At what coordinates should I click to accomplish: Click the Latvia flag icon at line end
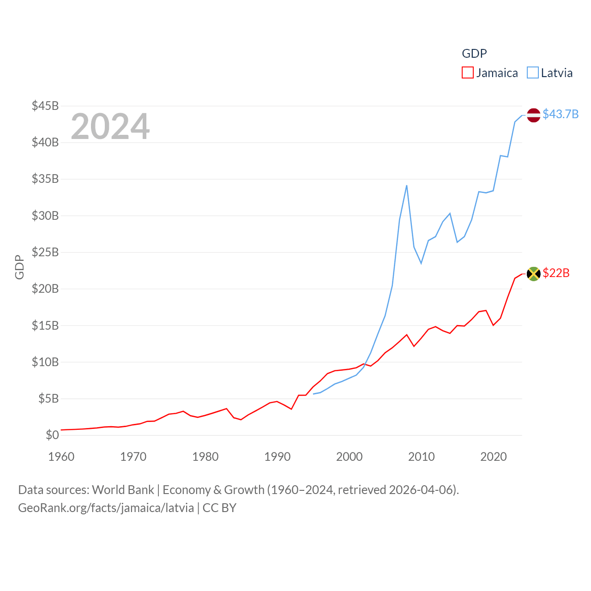(x=533, y=115)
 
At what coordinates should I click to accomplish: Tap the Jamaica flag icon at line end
(x=533, y=274)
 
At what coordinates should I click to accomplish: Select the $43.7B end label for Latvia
(x=561, y=114)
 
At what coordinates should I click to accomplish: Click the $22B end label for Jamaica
(x=556, y=273)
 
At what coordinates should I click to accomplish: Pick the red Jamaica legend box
(x=468, y=73)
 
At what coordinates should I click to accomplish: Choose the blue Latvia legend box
(x=533, y=73)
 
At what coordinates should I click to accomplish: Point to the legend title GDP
(x=474, y=54)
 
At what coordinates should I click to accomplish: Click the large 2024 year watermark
(x=110, y=127)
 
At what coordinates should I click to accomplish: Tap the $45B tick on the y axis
(x=45, y=106)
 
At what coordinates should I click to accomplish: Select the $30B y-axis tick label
(x=45, y=216)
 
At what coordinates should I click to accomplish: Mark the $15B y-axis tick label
(x=45, y=326)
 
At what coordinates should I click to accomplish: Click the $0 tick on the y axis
(x=52, y=435)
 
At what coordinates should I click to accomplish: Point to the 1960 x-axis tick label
(x=61, y=457)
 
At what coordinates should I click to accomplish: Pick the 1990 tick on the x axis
(x=277, y=457)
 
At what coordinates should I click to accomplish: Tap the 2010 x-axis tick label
(x=422, y=457)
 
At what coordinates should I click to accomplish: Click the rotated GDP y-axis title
(x=19, y=267)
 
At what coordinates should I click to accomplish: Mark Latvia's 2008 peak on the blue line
(x=407, y=186)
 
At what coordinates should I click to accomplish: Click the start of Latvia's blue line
(x=314, y=394)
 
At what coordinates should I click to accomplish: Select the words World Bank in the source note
(x=123, y=490)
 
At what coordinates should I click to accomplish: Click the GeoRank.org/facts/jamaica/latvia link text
(x=106, y=508)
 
